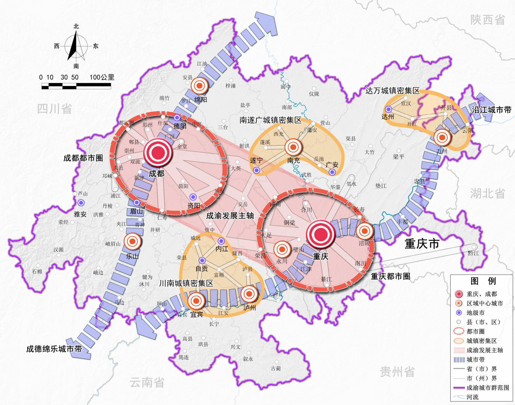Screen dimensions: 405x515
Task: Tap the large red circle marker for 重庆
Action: click(320, 234)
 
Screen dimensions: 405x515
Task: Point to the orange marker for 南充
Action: click(293, 147)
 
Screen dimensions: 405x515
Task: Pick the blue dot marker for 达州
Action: click(388, 109)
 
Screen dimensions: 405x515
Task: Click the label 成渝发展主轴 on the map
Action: click(230, 216)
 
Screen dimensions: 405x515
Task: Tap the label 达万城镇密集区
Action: click(392, 91)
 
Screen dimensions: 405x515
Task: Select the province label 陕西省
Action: click(488, 19)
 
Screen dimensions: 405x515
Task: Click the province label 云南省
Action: click(147, 382)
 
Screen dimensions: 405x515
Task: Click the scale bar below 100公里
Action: click(76, 86)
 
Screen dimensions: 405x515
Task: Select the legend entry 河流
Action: click(472, 397)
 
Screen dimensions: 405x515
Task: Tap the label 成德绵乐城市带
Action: click(54, 349)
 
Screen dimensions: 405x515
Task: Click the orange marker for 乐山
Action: click(132, 242)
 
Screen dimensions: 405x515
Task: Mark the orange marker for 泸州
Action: click(249, 294)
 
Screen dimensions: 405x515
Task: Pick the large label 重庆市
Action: click(422, 244)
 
